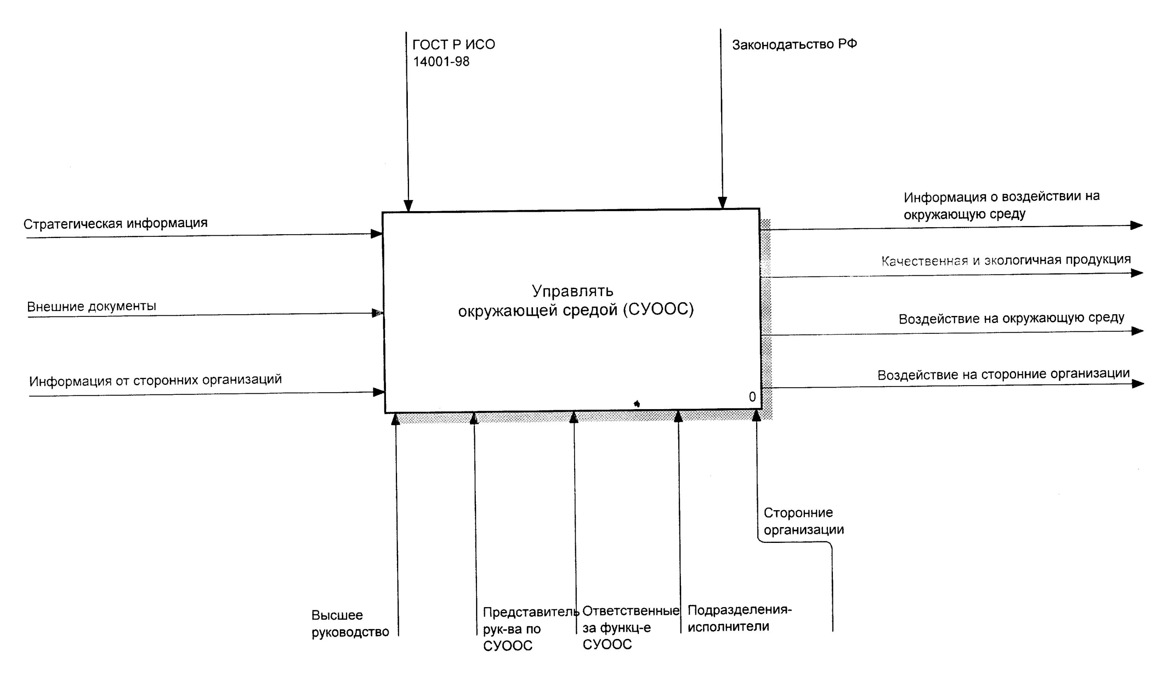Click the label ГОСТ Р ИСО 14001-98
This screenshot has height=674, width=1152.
tap(453, 53)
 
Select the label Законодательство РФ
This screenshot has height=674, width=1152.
tap(794, 44)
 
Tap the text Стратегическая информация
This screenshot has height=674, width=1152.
tap(115, 223)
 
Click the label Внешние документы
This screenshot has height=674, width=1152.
tap(91, 306)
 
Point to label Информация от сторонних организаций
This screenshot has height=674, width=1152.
tap(156, 380)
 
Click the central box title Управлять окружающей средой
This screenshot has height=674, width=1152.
tap(575, 301)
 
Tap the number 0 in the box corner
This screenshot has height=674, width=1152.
tap(752, 397)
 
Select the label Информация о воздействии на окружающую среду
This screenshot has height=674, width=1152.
tap(1001, 205)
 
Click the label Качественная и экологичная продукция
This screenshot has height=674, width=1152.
tap(1006, 260)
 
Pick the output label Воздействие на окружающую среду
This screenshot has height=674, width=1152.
tap(1011, 318)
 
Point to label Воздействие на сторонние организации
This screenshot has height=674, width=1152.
tap(1003, 374)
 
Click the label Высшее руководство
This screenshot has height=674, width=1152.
tap(350, 623)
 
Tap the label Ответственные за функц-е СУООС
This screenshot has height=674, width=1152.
tap(630, 627)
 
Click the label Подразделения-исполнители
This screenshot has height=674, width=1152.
tap(739, 618)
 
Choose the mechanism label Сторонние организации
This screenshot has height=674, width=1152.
tap(803, 521)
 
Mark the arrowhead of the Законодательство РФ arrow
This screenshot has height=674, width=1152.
tap(722, 202)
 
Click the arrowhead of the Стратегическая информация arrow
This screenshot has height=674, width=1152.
tap(377, 234)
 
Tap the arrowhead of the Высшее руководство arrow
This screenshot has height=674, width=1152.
tap(396, 419)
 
